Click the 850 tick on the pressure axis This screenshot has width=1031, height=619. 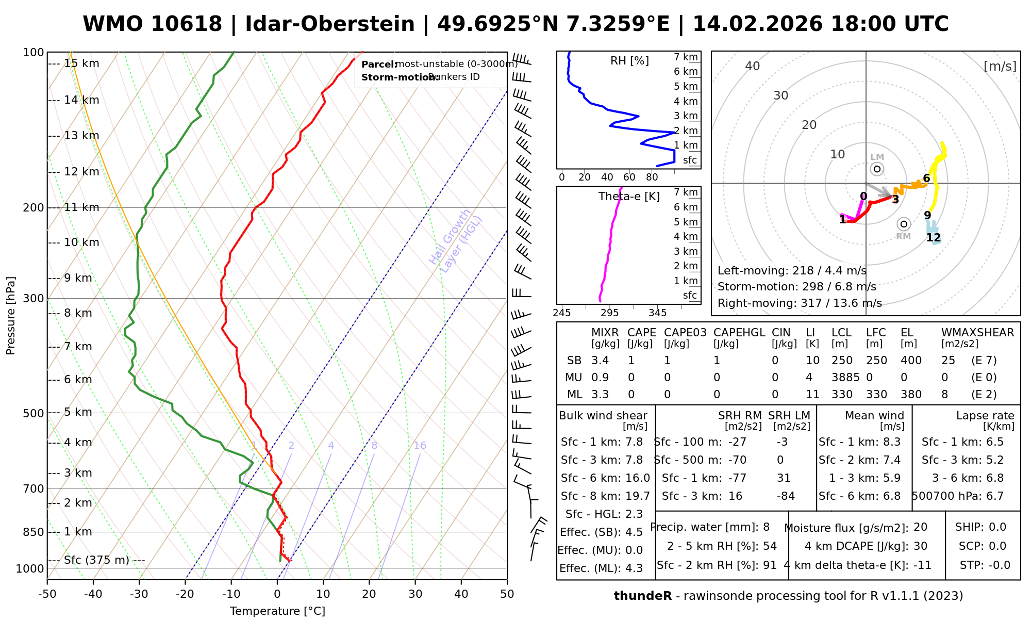coord(33,532)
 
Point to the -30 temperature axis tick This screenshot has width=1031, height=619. coord(139,594)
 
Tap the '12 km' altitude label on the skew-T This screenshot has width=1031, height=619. coord(81,172)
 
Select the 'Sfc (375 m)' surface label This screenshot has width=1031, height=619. coord(97,560)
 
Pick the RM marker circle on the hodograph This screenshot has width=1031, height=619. coord(904,224)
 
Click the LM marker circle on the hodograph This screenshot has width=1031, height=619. coord(877,169)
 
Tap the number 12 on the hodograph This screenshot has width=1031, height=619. coord(934,238)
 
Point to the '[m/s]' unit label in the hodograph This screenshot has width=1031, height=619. coord(1000,67)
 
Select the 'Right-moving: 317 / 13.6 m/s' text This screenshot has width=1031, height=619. coord(800,303)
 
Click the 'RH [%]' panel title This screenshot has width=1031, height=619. coord(629,61)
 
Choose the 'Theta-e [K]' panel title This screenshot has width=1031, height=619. coord(629,197)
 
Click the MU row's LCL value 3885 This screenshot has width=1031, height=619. coord(845,378)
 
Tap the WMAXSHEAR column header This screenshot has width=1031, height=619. coord(977,333)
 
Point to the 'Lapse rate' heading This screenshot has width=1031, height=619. coord(985,416)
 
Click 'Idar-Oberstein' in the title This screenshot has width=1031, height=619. coord(330,24)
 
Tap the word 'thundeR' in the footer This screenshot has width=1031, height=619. coord(643,596)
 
